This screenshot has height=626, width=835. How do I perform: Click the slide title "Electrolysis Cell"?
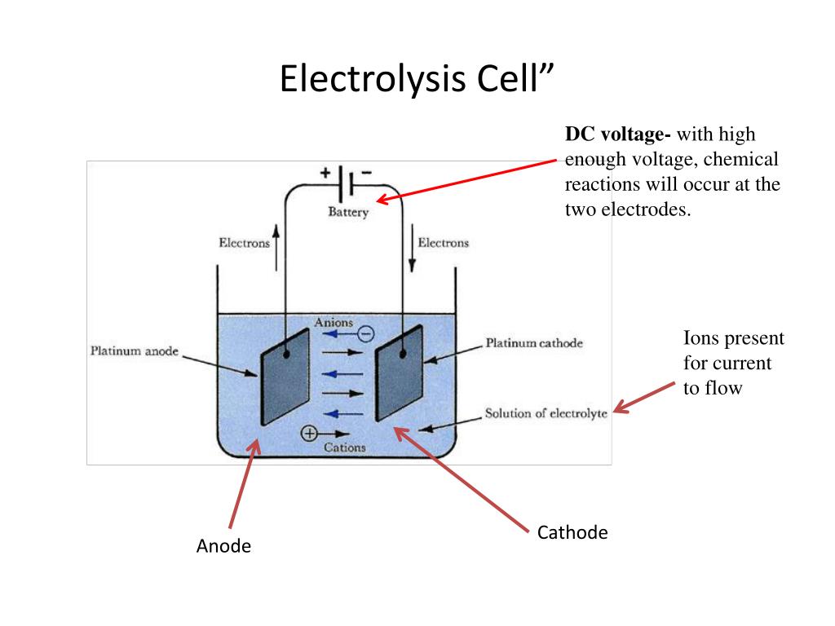coord(417,81)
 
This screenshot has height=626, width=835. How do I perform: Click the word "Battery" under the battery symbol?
coord(348,213)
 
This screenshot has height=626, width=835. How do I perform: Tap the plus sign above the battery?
coord(325,173)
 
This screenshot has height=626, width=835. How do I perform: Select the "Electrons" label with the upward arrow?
coord(244,243)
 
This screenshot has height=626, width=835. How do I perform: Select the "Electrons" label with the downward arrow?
coord(444,243)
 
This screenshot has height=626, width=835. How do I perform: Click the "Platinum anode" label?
coord(134,352)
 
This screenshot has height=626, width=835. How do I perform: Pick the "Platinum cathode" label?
coord(534,343)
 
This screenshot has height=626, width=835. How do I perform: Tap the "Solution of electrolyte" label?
coord(546,413)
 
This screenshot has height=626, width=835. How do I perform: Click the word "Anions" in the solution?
coord(334,322)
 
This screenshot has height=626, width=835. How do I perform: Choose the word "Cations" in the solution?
coord(345,447)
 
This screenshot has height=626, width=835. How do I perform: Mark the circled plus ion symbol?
coord(309,434)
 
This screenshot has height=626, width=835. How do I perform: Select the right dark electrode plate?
coord(399,373)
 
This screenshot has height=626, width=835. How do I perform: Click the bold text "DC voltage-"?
coord(618,134)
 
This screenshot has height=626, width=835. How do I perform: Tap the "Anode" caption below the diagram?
coord(223,546)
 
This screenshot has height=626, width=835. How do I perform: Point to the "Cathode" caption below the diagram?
coord(572,533)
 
